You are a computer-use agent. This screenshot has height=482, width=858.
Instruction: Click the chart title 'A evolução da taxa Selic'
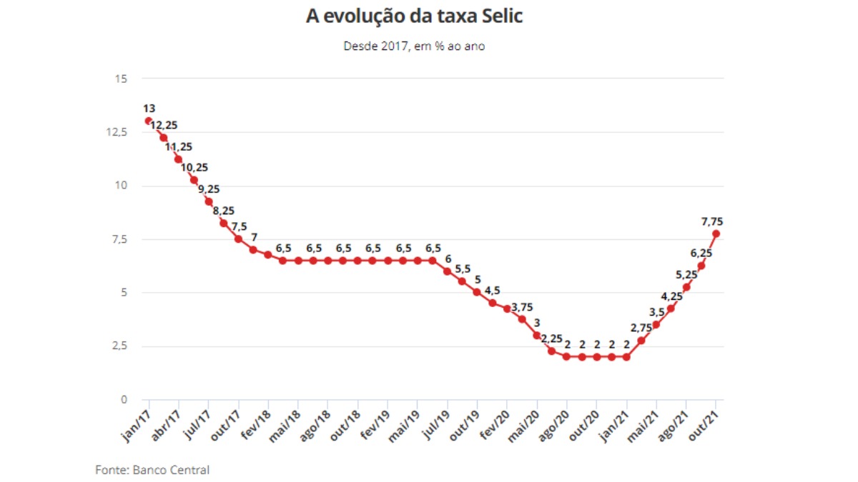[414, 16]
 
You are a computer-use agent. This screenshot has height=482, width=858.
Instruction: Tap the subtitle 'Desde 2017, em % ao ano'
[415, 46]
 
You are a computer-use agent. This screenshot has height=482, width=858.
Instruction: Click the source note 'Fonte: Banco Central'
[152, 470]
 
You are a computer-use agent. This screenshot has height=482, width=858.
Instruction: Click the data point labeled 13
[148, 121]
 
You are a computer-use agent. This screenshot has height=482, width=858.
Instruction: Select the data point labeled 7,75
[716, 234]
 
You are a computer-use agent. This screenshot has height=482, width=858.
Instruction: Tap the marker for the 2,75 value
[641, 340]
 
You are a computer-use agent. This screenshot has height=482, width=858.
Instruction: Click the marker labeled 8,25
[223, 223]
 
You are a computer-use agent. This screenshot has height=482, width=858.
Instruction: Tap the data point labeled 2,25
[551, 351]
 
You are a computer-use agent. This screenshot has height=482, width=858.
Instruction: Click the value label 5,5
[464, 268]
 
